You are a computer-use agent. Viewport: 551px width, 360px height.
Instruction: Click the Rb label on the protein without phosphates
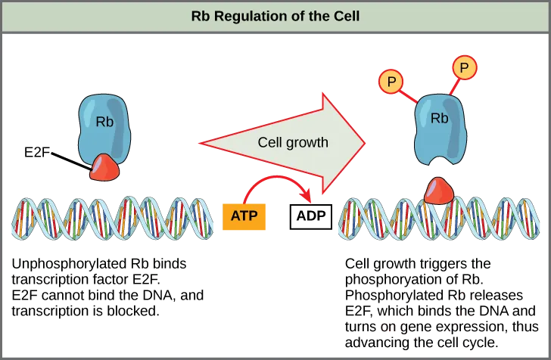(x=104, y=121)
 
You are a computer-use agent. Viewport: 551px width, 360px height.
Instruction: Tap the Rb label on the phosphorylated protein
(x=439, y=118)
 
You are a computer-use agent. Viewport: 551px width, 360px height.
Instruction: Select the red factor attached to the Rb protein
(x=104, y=168)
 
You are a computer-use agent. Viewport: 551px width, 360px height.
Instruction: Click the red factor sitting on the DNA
(x=438, y=191)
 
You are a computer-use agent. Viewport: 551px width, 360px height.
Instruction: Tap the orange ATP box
(x=244, y=216)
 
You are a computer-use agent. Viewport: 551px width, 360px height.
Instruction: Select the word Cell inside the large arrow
(x=270, y=142)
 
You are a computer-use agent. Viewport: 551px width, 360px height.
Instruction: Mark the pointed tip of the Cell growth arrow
(x=365, y=142)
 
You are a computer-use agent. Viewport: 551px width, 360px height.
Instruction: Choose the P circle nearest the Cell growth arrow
(x=391, y=82)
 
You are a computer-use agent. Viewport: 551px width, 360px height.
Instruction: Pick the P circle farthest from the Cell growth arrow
(x=465, y=68)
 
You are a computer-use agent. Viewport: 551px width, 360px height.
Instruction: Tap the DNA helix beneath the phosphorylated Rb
(x=439, y=219)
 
